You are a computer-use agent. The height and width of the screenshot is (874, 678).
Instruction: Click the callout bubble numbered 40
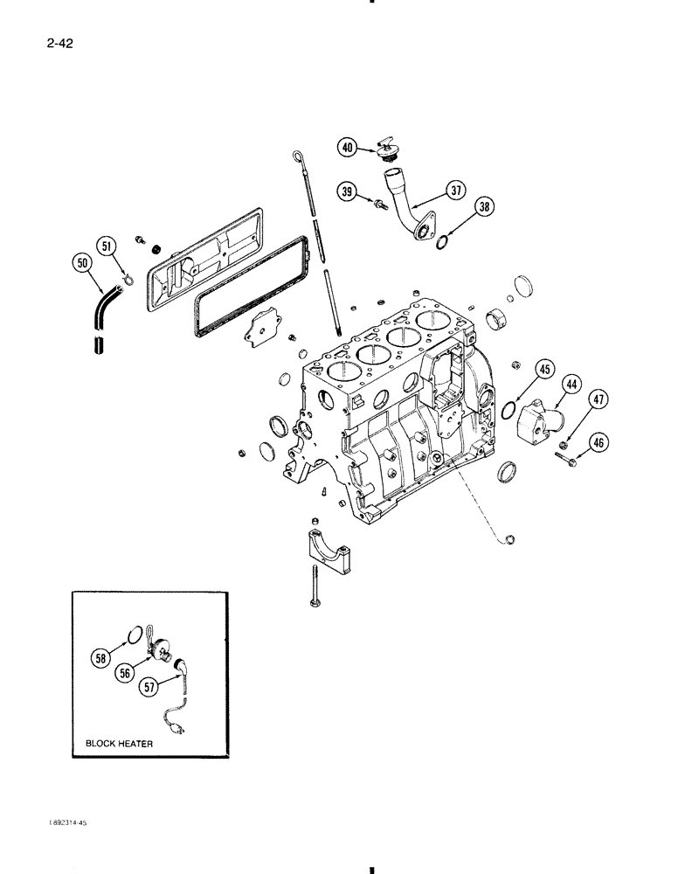(x=349, y=148)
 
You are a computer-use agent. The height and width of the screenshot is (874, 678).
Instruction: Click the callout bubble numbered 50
(x=82, y=263)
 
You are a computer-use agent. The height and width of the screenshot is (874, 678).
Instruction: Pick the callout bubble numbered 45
(x=544, y=371)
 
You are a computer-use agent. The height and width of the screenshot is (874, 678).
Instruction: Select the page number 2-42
(x=50, y=40)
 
